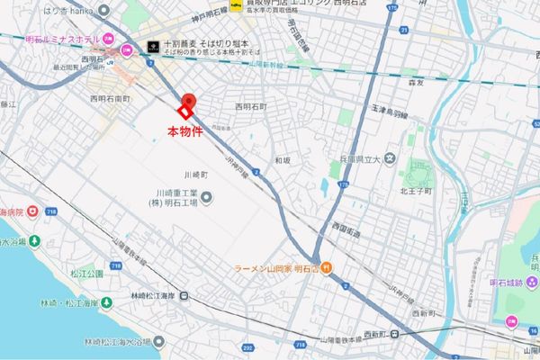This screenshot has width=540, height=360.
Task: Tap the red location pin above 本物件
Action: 189,100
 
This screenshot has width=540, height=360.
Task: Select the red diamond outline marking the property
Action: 184,112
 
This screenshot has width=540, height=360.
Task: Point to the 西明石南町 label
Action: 110,96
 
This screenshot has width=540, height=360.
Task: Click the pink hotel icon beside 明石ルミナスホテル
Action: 108,39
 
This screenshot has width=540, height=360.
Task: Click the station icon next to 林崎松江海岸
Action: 184,295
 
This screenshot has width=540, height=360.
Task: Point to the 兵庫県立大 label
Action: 359,159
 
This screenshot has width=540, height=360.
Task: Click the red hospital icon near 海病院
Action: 32,211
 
